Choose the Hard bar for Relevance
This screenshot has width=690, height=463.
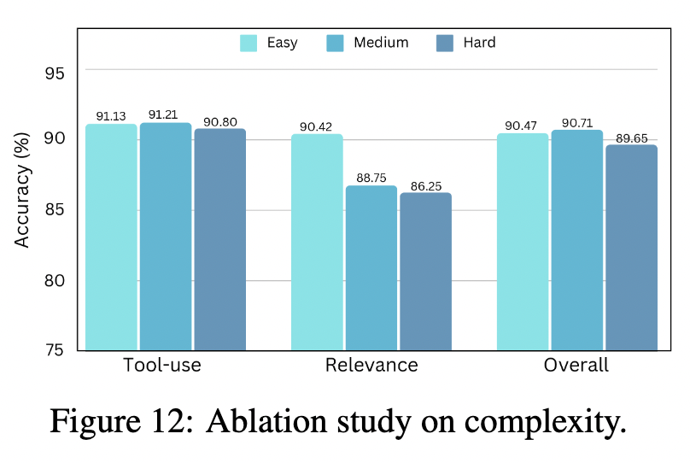click(425, 272)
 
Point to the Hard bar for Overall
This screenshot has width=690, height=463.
click(631, 248)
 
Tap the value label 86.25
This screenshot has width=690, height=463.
click(425, 184)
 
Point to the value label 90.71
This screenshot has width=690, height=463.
click(576, 121)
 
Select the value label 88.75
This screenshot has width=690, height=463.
click(371, 177)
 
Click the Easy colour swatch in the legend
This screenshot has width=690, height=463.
click(249, 43)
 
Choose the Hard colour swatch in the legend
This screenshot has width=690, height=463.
click(445, 43)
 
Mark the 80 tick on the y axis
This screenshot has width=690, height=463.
click(54, 280)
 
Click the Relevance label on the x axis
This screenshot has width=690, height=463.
click(371, 366)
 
